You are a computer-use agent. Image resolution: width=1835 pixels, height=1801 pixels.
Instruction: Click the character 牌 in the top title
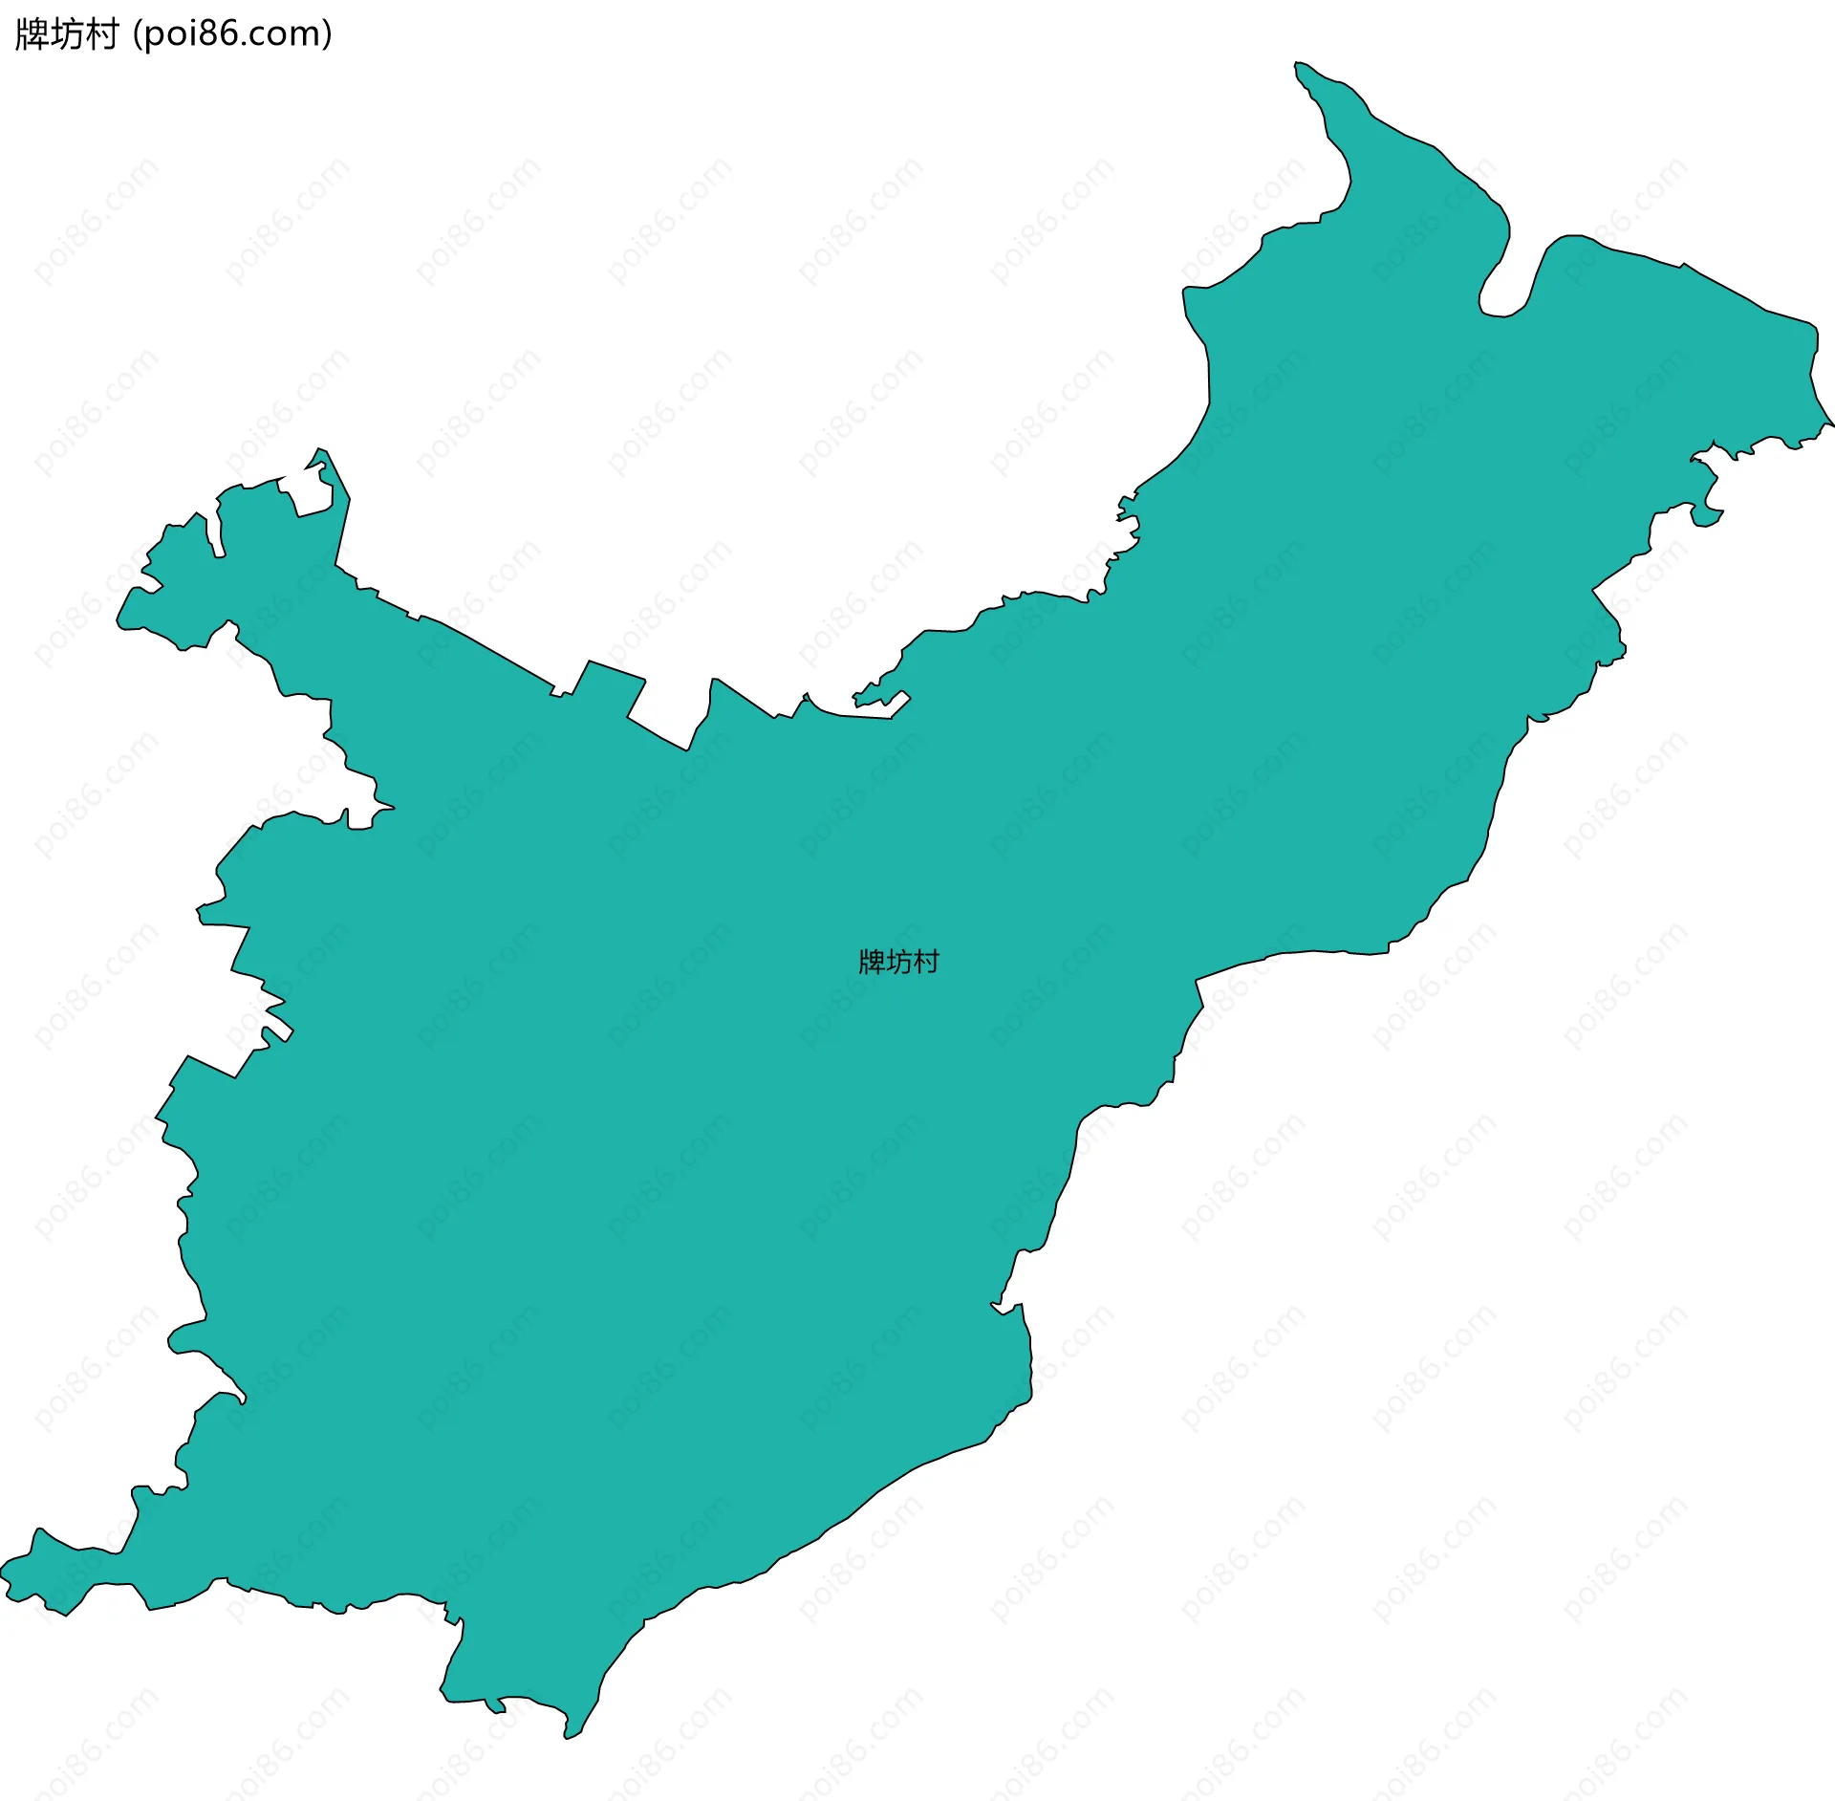[32, 34]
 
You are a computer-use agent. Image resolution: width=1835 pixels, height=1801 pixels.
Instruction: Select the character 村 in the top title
[101, 34]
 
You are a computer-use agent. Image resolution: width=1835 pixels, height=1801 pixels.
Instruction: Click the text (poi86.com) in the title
[233, 34]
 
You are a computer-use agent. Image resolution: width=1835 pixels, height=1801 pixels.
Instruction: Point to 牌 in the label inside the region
[872, 962]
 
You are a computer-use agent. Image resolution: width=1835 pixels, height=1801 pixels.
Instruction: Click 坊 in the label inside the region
[899, 962]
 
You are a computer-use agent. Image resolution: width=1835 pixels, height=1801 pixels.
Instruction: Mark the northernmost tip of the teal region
[1297, 63]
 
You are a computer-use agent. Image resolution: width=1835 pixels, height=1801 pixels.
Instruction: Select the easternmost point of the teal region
[1832, 423]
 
